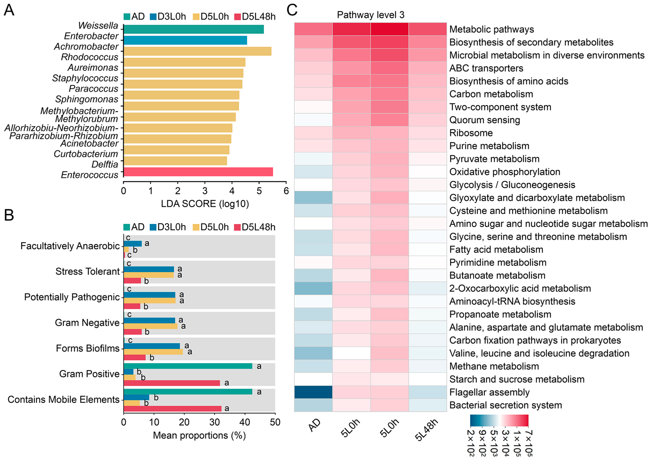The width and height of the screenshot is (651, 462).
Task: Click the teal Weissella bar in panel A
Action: (x=193, y=29)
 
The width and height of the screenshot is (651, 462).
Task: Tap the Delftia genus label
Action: (x=105, y=164)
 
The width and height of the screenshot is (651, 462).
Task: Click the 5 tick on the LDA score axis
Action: (x=259, y=191)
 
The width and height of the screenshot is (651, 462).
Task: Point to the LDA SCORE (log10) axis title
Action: (x=205, y=204)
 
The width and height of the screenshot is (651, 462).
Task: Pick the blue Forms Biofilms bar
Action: (x=152, y=346)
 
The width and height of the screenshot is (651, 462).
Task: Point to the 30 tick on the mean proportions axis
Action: (x=214, y=422)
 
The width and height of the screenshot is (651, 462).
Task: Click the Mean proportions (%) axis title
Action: (x=199, y=435)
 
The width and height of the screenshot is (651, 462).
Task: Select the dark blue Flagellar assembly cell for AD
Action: (x=313, y=392)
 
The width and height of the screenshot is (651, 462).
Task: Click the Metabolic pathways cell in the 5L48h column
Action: (x=427, y=29)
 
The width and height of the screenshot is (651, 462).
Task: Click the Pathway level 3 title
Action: (x=370, y=15)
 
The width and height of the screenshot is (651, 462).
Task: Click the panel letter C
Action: (x=292, y=10)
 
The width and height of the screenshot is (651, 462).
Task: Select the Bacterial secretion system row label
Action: (x=505, y=405)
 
